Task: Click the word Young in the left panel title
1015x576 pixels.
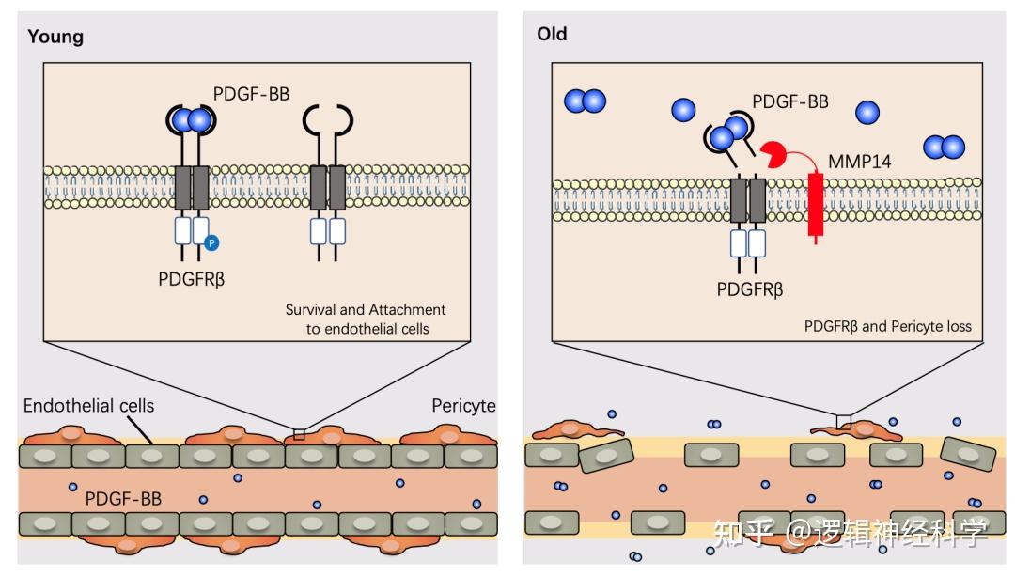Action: pyautogui.click(x=55, y=37)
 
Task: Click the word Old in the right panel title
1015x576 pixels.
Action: pyautogui.click(x=553, y=34)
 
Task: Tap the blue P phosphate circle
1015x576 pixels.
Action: pyautogui.click(x=211, y=242)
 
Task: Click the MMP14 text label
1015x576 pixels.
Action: pyautogui.click(x=860, y=162)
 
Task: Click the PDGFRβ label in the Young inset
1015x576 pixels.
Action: pyautogui.click(x=192, y=280)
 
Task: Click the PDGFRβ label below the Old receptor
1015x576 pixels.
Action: pyautogui.click(x=750, y=289)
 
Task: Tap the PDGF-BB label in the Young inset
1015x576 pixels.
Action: pyautogui.click(x=251, y=95)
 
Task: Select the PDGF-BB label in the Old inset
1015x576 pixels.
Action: pyautogui.click(x=790, y=101)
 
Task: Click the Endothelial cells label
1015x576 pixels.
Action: pyautogui.click(x=88, y=406)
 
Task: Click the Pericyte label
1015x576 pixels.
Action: pyautogui.click(x=463, y=406)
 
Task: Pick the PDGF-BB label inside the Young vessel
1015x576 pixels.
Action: pyautogui.click(x=123, y=499)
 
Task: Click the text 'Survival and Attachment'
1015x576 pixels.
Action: pyautogui.click(x=366, y=309)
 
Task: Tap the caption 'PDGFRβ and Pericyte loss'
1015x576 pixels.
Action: pyautogui.click(x=887, y=326)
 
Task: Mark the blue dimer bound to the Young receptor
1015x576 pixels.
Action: pyautogui.click(x=191, y=120)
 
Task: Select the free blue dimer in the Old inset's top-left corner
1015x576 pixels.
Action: pyautogui.click(x=586, y=101)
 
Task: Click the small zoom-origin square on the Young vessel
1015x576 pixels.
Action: pyautogui.click(x=299, y=434)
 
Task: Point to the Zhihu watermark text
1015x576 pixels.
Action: pyautogui.click(x=851, y=533)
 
